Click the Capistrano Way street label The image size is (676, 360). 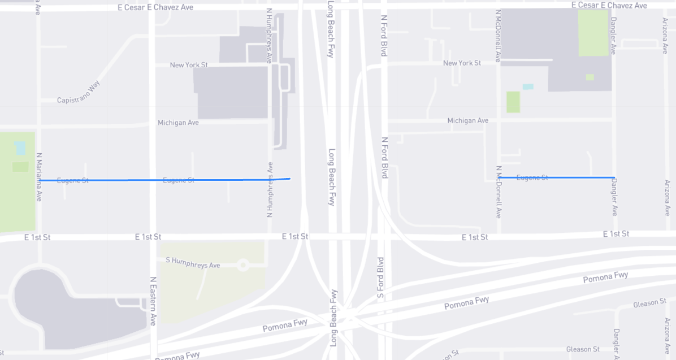click(79, 92)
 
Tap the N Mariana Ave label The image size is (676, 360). click(39, 177)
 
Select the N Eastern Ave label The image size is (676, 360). click(153, 301)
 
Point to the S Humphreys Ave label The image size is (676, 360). click(193, 262)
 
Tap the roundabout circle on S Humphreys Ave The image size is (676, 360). click(244, 264)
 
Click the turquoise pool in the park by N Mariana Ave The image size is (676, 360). click(20, 148)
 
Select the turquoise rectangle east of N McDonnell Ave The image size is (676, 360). click(528, 86)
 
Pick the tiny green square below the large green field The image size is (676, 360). click(590, 77)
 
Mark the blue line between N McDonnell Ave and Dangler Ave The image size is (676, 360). click(557, 177)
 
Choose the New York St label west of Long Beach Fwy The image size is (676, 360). click(189, 65)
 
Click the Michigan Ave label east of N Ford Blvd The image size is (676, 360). click(467, 120)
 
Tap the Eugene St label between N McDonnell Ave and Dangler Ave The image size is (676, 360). click(532, 177)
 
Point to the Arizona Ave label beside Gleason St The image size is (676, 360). click(666, 336)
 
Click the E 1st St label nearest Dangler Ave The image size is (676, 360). click(616, 233)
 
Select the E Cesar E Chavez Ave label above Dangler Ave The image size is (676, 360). click(609, 5)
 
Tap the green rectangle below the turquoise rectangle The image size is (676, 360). click(513, 102)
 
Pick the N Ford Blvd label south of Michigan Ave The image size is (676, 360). click(384, 158)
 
